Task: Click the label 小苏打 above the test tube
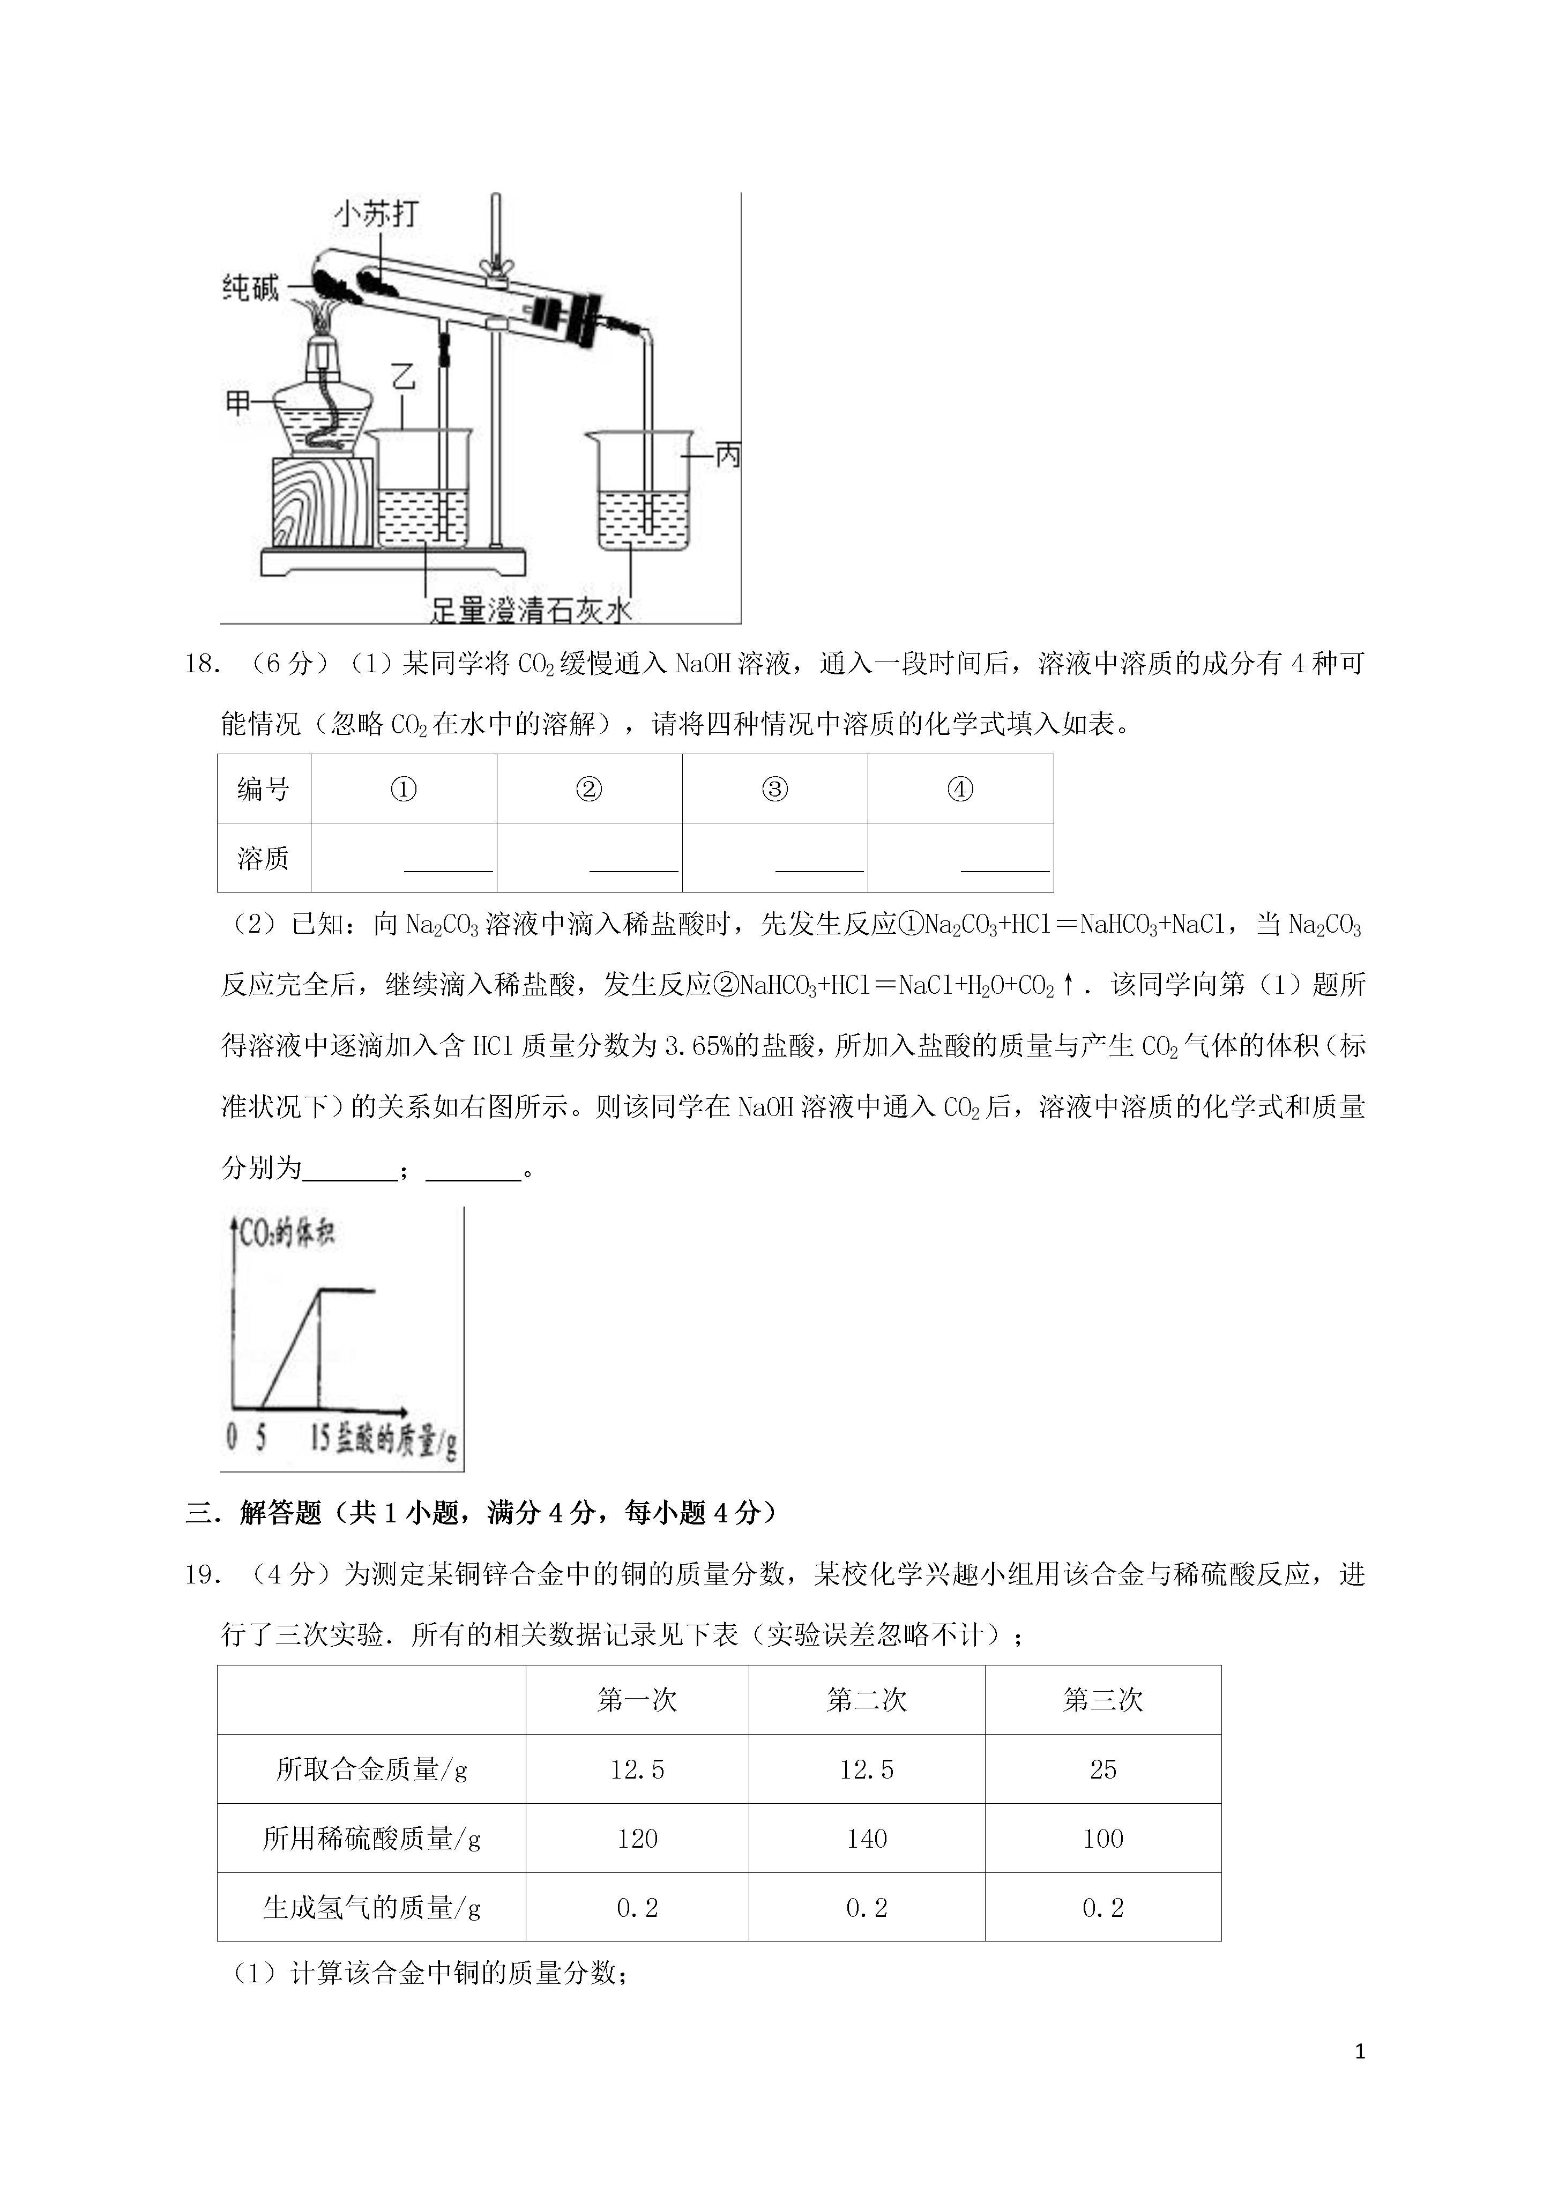376,213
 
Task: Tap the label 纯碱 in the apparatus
250,288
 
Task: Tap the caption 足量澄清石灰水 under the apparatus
531,609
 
